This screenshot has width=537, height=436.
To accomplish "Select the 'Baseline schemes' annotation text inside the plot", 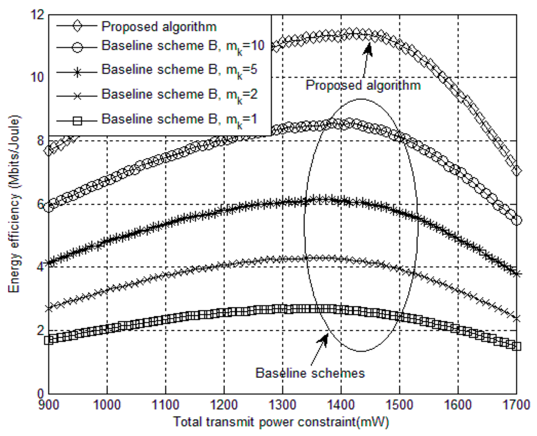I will pos(310,372).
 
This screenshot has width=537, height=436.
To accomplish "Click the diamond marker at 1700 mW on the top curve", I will pos(516,170).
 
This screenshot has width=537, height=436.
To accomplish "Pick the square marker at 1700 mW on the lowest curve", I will pos(516,346).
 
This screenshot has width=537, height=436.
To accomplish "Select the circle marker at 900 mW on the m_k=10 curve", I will pos(49,207).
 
